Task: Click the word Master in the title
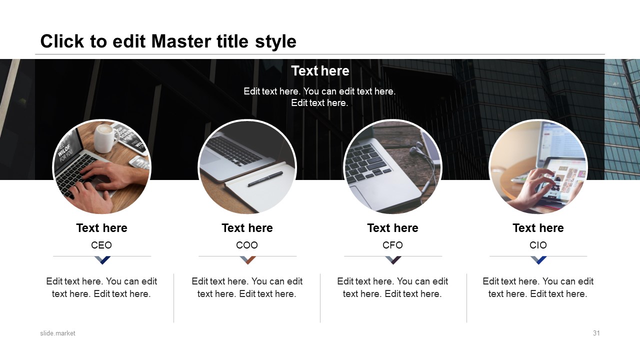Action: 181,41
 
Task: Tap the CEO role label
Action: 101,245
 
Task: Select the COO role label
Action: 247,245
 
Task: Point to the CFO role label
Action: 392,245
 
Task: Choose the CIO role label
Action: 538,245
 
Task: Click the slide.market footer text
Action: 57,333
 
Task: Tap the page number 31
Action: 596,333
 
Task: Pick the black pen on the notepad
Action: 265,179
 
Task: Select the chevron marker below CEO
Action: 102,260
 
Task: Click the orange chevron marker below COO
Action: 247,260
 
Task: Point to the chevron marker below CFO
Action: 393,260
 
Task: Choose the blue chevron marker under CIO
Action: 538,260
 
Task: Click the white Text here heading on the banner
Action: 320,71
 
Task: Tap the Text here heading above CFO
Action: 392,228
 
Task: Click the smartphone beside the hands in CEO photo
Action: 139,163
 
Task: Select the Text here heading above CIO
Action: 538,228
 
